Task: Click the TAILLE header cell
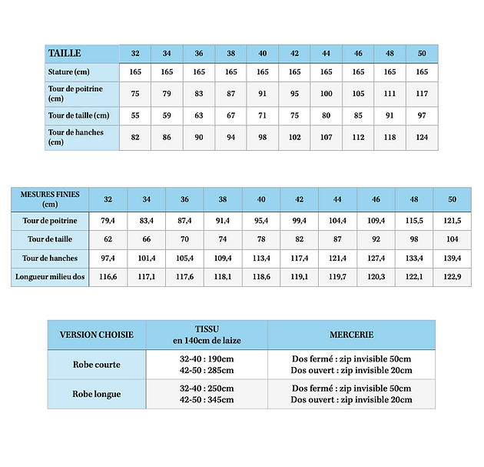(65, 53)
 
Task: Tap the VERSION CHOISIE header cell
(97, 335)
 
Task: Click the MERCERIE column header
(351, 335)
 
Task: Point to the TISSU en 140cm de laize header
(207, 335)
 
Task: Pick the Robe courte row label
(97, 365)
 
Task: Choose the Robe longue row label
(97, 394)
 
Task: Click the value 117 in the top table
(422, 93)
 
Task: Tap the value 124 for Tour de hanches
(422, 137)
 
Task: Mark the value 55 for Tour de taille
(135, 115)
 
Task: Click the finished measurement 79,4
(108, 221)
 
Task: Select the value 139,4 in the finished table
(453, 258)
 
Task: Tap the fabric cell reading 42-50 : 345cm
(207, 400)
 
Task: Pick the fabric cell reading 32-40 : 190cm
(207, 359)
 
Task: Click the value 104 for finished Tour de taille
(453, 239)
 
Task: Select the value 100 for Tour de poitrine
(327, 93)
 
